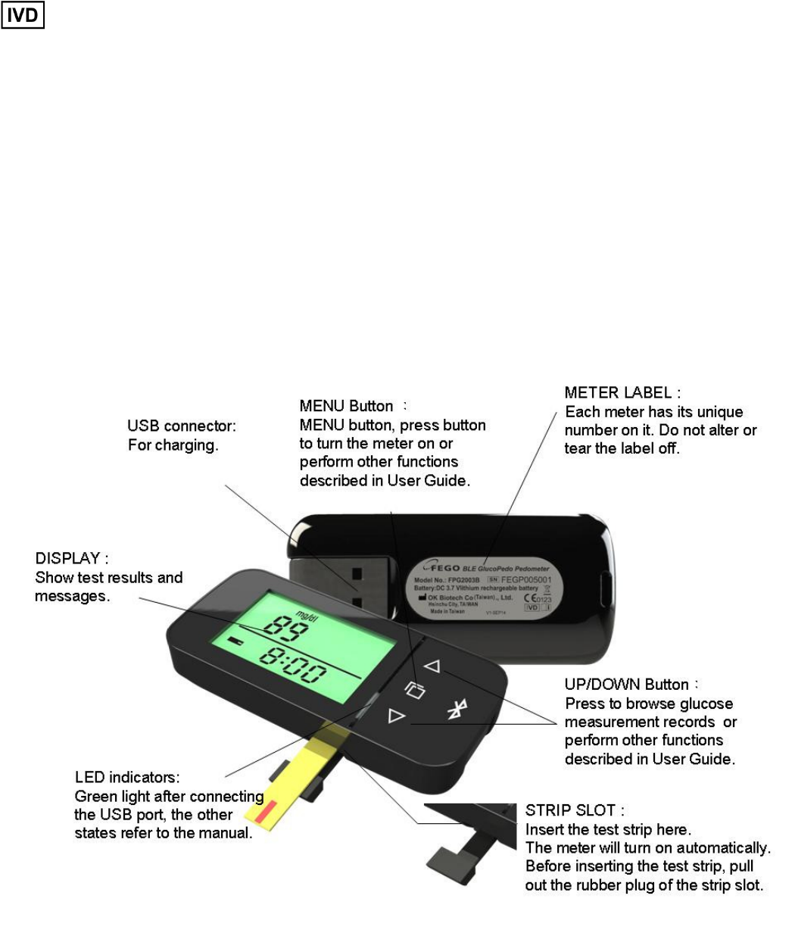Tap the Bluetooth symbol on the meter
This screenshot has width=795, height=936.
[455, 709]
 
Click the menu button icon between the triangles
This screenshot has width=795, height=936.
[413, 690]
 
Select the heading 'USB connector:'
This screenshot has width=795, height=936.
[182, 426]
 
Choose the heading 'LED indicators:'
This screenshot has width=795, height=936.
[126, 778]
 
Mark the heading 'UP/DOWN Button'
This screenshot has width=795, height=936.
[627, 685]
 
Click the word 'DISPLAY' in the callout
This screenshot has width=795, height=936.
[68, 559]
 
